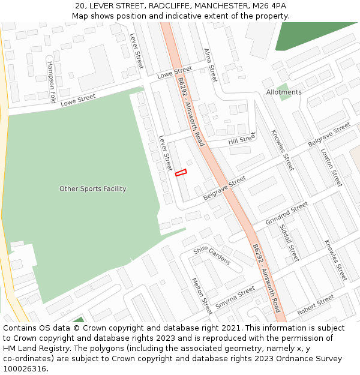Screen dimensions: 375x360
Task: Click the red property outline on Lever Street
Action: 181,173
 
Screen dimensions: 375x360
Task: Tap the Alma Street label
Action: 210,65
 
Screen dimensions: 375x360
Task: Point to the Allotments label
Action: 284,92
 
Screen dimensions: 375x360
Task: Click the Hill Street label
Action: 242,139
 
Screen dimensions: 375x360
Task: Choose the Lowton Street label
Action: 331,167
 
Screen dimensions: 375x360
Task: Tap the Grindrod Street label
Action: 286,214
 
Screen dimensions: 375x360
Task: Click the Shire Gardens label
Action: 212,256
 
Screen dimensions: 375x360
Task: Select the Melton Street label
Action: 202,296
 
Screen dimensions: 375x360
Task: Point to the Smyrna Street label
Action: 235,297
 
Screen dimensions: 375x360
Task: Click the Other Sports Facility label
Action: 93,189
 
